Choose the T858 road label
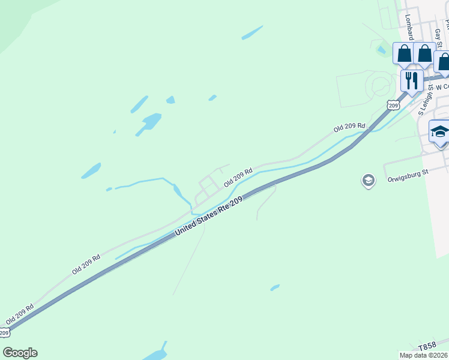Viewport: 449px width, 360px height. click(427, 347)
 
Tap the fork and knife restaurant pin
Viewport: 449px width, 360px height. click(411, 80)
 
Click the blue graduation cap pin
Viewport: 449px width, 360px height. click(439, 131)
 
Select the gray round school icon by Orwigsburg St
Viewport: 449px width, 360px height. click(368, 179)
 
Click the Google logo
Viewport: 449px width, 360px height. click(20, 353)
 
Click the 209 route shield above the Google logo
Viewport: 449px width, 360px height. click(4, 332)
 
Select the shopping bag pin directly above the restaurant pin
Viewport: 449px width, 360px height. click(404, 54)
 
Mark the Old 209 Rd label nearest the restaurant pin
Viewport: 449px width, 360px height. click(349, 127)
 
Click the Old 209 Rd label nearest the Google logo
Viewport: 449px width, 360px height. click(19, 314)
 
